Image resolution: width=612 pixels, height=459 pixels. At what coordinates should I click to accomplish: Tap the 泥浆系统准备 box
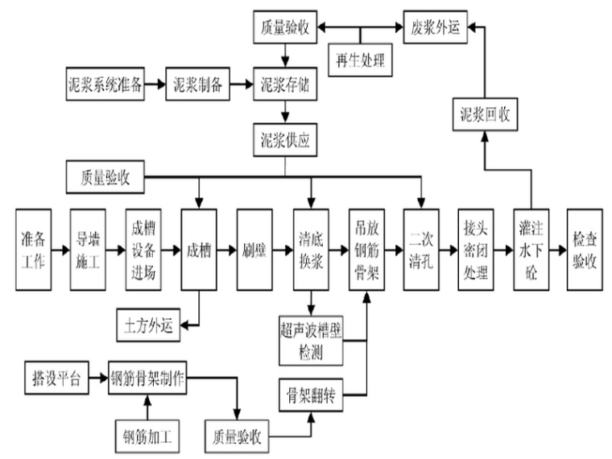click(x=105, y=84)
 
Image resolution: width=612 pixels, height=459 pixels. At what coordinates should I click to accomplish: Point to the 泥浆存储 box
click(x=285, y=84)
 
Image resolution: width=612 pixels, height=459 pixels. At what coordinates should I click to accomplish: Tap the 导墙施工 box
click(x=89, y=250)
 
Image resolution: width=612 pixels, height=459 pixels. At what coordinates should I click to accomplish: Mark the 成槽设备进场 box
click(x=144, y=250)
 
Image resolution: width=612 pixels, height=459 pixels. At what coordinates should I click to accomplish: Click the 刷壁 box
click(x=255, y=250)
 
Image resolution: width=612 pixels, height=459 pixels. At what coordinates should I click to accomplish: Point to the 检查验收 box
click(x=587, y=250)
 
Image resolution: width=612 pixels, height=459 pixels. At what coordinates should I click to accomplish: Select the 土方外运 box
click(x=148, y=325)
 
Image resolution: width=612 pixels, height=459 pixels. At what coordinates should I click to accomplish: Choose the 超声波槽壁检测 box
click(x=311, y=341)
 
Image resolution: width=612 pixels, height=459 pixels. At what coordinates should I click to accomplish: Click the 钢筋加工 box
click(x=147, y=437)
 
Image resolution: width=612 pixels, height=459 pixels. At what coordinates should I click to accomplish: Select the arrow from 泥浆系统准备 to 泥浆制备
click(x=156, y=84)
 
